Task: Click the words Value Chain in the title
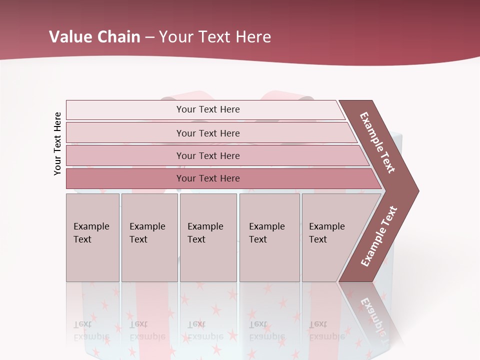tap(94, 37)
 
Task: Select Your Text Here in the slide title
tap(215, 37)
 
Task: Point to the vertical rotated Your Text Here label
tap(57, 143)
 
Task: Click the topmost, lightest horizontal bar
tap(208, 109)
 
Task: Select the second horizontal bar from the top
tap(208, 133)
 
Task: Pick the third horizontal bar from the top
tap(208, 155)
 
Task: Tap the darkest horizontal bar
tap(208, 178)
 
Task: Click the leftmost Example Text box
tap(92, 237)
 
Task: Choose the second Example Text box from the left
tap(149, 237)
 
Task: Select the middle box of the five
tap(208, 237)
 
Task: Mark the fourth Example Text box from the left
tap(269, 237)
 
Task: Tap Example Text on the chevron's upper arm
tap(377, 142)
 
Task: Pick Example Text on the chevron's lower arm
tap(378, 236)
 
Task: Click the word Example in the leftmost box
tap(91, 226)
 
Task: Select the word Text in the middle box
tap(196, 239)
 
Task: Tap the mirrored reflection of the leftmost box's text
tap(91, 330)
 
